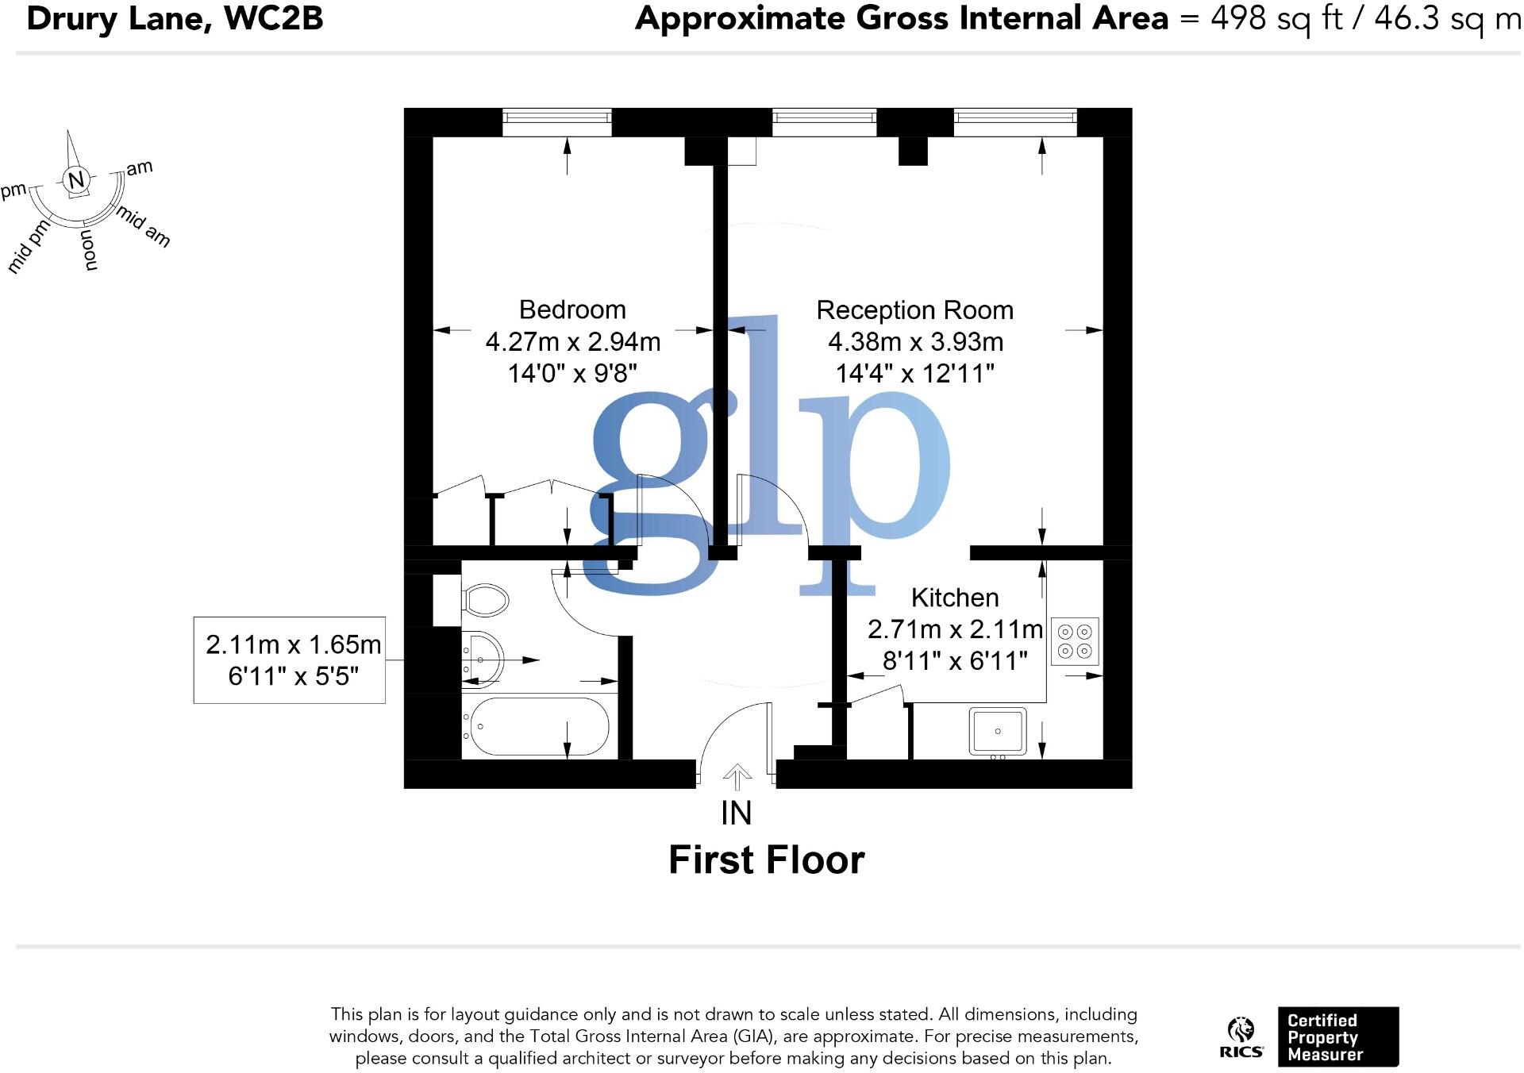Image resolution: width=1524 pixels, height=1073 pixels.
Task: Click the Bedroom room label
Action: (x=571, y=310)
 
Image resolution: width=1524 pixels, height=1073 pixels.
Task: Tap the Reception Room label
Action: (x=914, y=310)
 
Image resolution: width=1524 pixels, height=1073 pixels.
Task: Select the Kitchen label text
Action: (x=954, y=598)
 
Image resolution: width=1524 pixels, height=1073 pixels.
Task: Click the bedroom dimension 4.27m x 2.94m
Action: (x=572, y=342)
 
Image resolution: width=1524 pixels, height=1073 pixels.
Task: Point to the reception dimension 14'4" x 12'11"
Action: (x=914, y=373)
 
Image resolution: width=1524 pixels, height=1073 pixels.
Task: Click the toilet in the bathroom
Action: (x=485, y=600)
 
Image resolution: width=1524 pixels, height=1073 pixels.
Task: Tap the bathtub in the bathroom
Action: (x=540, y=727)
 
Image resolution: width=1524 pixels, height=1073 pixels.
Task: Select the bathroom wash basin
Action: (x=482, y=658)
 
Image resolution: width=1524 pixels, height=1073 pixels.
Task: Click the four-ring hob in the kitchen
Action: (x=1075, y=641)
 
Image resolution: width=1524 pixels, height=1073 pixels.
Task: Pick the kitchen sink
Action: (x=998, y=731)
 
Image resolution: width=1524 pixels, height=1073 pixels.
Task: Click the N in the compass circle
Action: (x=76, y=180)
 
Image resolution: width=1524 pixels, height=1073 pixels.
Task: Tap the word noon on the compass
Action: (x=90, y=251)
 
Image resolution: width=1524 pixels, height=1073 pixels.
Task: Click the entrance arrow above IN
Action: (x=737, y=776)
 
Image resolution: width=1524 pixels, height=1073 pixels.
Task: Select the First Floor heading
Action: (x=766, y=860)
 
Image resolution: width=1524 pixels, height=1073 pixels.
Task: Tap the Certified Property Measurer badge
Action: (x=1337, y=1037)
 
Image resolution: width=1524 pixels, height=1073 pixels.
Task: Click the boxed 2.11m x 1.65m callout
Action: (x=290, y=660)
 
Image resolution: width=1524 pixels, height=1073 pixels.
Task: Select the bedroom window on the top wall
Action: (x=557, y=122)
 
